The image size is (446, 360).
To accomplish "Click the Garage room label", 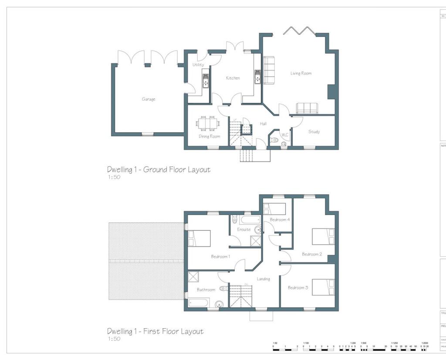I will [x=148, y=99].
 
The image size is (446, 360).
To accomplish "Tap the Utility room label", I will [x=198, y=65].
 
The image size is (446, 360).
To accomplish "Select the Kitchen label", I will [x=233, y=78].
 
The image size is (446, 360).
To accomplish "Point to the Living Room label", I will [x=301, y=74].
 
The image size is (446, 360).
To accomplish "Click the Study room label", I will [x=314, y=131].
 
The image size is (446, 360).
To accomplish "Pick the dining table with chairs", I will [x=207, y=124].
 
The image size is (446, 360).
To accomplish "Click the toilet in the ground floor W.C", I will [x=274, y=140].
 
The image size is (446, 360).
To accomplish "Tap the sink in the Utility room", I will [x=205, y=81].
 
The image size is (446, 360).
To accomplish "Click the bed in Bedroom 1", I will [x=199, y=238].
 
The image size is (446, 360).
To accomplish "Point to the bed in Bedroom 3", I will [x=323, y=287].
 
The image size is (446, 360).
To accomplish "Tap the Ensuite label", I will [x=243, y=229].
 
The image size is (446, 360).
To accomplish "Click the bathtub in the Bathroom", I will [x=199, y=303].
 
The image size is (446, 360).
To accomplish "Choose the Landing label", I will [x=263, y=279].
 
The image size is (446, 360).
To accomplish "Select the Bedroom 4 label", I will [x=278, y=220].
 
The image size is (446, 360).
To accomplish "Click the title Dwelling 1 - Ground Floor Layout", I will [x=159, y=169].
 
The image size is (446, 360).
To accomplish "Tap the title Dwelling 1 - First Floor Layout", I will [x=155, y=331].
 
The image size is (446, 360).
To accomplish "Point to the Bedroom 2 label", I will [x=312, y=254].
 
